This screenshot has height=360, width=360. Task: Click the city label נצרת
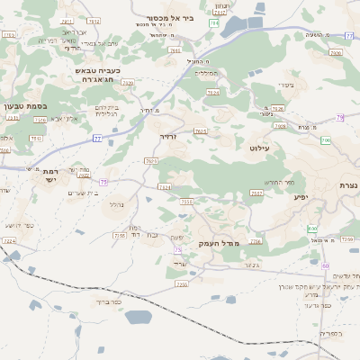coord(347,184)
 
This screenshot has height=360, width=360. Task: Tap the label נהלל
coord(116,204)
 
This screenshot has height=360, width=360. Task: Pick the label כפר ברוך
coord(105,301)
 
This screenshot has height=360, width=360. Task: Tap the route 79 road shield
coord(339,118)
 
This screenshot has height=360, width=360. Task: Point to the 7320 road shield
coord(127,83)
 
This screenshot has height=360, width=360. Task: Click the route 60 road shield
coord(325,265)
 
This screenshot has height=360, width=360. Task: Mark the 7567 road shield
coord(256,193)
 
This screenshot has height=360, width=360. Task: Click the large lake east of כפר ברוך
coord(139,318)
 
